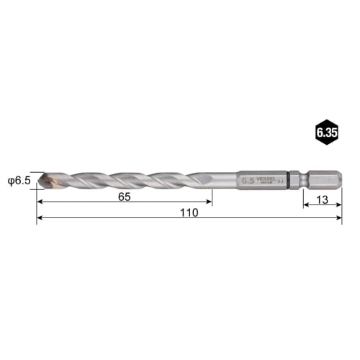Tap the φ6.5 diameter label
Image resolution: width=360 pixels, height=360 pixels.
[x=18, y=181]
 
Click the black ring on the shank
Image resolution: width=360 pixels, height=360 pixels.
[x=289, y=179]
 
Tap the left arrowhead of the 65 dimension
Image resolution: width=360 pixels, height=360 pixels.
[x=40, y=202]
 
